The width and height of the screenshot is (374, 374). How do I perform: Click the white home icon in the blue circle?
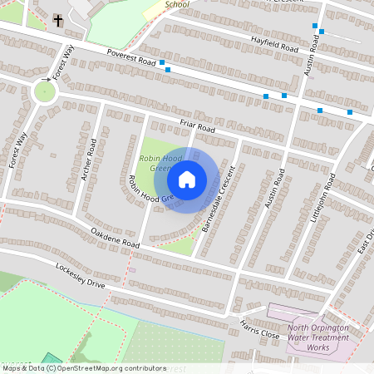point(186,179)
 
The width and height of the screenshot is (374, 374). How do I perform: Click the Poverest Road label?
point(131,56)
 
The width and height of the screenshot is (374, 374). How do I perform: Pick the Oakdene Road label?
point(116,236)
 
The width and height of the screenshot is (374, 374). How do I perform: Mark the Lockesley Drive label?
point(81,275)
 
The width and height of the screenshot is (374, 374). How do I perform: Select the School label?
point(177,4)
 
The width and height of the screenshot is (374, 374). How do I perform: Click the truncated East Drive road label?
point(363,242)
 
